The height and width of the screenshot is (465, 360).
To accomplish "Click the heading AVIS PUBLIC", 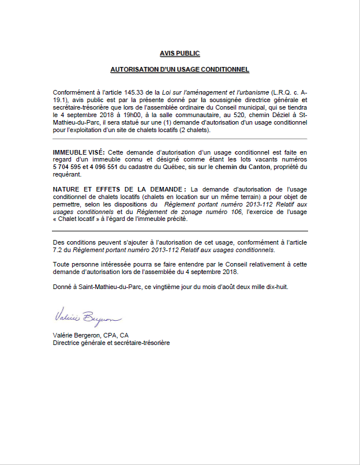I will coord(179,53).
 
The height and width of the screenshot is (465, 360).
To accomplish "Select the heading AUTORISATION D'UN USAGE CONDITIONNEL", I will coord(179,69).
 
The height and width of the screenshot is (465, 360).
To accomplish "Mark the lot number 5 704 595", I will coord(69,167).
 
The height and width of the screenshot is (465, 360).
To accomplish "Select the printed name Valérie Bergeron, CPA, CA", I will coord(91,335).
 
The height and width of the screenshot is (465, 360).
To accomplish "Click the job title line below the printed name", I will coord(111,342).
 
